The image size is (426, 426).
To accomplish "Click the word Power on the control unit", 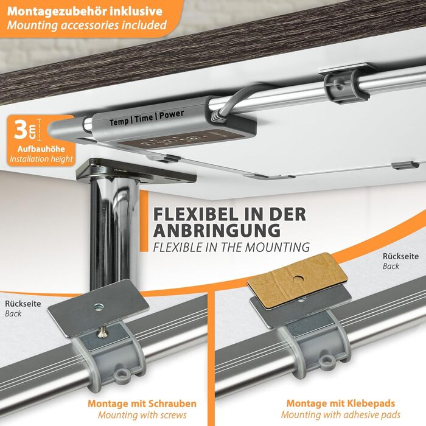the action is (x=172, y=114).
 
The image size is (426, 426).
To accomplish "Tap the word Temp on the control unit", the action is (x=119, y=122).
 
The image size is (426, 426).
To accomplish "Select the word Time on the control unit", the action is (x=144, y=118).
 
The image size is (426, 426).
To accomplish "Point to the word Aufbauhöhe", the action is (x=41, y=149).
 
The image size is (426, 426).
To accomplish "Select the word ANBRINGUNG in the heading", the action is (x=217, y=231).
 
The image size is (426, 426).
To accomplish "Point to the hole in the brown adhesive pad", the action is (x=299, y=279).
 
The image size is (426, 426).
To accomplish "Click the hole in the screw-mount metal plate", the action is (x=99, y=308).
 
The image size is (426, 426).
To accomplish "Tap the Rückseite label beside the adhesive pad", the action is (x=400, y=256).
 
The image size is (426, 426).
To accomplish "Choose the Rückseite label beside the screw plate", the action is (x=23, y=304).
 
